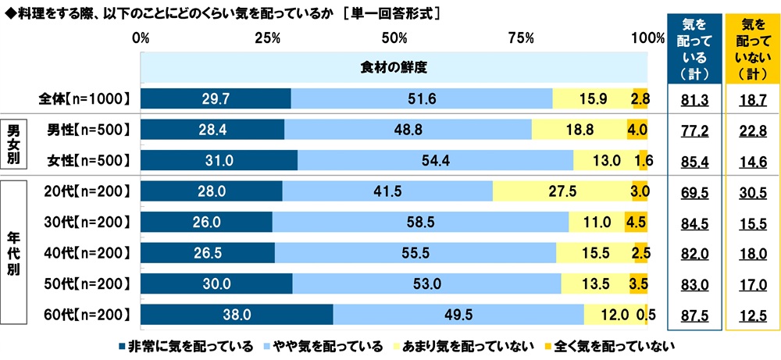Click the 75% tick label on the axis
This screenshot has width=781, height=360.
521,37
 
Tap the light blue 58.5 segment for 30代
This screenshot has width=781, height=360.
421,222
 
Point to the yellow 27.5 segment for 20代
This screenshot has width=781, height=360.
562,191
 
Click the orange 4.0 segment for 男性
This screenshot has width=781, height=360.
637,129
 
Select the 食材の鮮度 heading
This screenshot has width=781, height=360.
394,66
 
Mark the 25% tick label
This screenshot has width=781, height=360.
268,37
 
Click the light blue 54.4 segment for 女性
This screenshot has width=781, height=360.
435,160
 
